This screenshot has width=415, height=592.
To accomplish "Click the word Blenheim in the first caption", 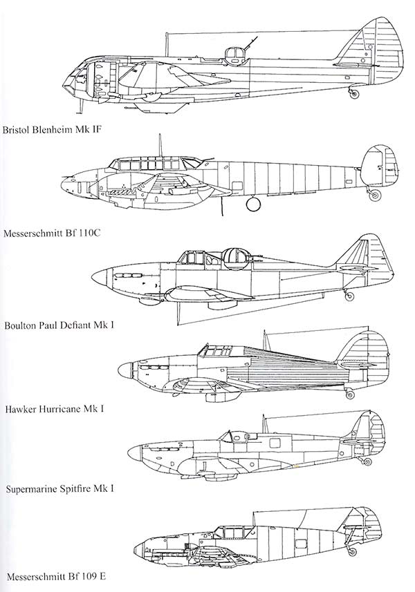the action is [x=53, y=130].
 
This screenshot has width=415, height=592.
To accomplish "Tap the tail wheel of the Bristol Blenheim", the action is [x=353, y=94].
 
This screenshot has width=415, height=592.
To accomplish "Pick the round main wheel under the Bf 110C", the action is [x=253, y=204].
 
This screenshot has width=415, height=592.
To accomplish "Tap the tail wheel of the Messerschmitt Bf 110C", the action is [x=375, y=195].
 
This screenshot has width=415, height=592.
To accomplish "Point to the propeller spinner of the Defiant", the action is [x=100, y=278].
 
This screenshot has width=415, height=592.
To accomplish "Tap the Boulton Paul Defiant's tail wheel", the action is [x=349, y=296].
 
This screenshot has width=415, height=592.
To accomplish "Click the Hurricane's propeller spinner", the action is [x=125, y=370].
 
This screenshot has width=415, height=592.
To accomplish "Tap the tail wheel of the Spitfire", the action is [x=367, y=461].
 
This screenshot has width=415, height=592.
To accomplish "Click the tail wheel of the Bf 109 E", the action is [x=352, y=552].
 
